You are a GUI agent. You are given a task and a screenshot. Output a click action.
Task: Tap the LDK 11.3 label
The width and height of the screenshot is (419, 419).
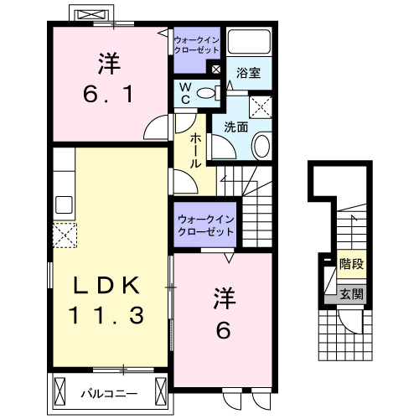(x=106, y=300)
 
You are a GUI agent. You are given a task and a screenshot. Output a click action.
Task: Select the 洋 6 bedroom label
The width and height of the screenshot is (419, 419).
(x=222, y=313)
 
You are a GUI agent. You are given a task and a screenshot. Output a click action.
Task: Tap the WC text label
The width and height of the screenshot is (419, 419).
(x=184, y=92)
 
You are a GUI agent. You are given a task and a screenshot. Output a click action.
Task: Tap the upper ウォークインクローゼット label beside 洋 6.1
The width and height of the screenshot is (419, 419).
(x=197, y=44)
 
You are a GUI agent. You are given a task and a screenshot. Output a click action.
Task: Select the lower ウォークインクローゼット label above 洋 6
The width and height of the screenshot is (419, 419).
(x=204, y=226)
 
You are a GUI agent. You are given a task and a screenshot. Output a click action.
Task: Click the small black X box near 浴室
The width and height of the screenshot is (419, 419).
(x=218, y=70)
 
